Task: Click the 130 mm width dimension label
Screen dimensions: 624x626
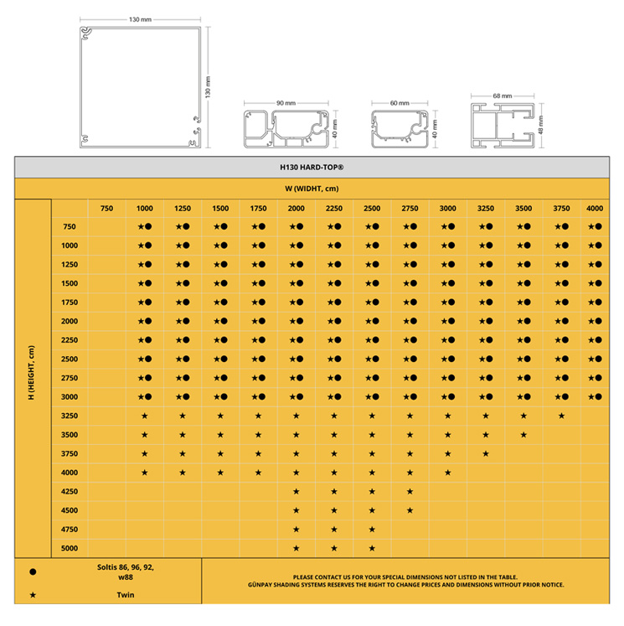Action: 140,19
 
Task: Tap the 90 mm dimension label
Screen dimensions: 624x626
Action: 286,103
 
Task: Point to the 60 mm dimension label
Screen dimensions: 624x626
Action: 400,103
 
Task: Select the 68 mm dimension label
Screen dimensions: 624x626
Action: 503,96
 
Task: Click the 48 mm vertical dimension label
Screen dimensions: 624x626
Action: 540,125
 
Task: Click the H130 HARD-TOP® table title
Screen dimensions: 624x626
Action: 312,168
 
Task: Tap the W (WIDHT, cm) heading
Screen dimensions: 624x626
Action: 312,189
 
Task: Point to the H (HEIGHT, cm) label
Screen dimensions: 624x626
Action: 31,372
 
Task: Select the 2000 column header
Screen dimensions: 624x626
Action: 296,209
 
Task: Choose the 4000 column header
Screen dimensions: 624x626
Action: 595,209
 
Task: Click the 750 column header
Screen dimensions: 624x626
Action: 106,209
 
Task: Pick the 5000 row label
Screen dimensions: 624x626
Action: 70,548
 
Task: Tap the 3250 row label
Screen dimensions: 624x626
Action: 70,416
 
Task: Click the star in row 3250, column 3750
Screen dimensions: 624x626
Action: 561,416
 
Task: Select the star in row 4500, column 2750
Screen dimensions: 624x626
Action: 410,510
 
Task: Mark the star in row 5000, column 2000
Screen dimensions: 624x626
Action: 296,548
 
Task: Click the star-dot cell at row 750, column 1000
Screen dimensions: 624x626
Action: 144,226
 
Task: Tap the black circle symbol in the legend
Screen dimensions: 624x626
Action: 33,572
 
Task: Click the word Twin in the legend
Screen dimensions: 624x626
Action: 126,595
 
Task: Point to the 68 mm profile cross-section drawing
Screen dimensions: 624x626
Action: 503,126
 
